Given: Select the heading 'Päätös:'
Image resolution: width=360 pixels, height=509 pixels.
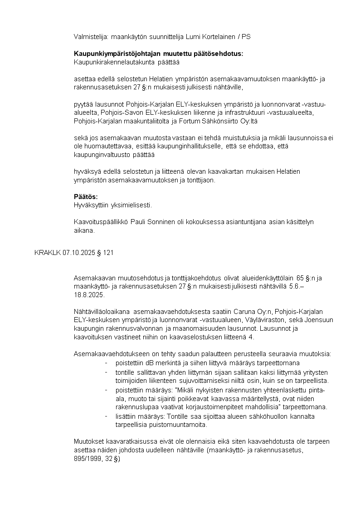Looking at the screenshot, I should (86, 196).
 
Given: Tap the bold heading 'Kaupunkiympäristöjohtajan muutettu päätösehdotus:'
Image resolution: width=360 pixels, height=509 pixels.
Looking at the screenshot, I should (158, 54).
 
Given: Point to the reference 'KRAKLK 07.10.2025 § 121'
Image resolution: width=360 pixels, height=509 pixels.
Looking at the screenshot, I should (73, 253).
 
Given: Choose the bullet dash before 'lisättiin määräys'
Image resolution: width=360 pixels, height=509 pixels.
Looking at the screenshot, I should (106, 416).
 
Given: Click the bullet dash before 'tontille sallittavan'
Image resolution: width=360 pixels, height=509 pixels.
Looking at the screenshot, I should (106, 372).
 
